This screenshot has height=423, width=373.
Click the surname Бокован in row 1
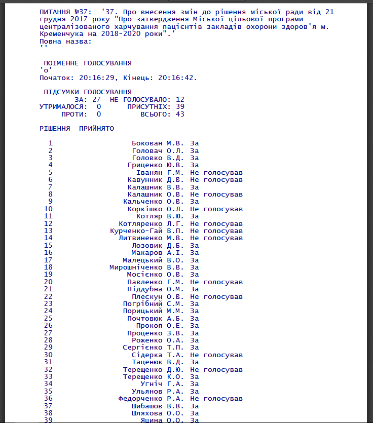point(147,143)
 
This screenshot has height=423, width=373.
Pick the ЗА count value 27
point(96,99)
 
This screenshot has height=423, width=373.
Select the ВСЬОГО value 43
point(180,114)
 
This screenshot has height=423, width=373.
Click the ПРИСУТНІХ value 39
point(180,107)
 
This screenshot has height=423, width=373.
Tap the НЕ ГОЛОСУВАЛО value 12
point(180,99)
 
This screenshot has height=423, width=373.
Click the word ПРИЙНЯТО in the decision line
point(96,129)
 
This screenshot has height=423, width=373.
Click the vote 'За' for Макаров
point(195,253)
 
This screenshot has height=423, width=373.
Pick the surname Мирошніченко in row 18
point(136,267)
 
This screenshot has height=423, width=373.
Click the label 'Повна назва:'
point(66,41)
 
